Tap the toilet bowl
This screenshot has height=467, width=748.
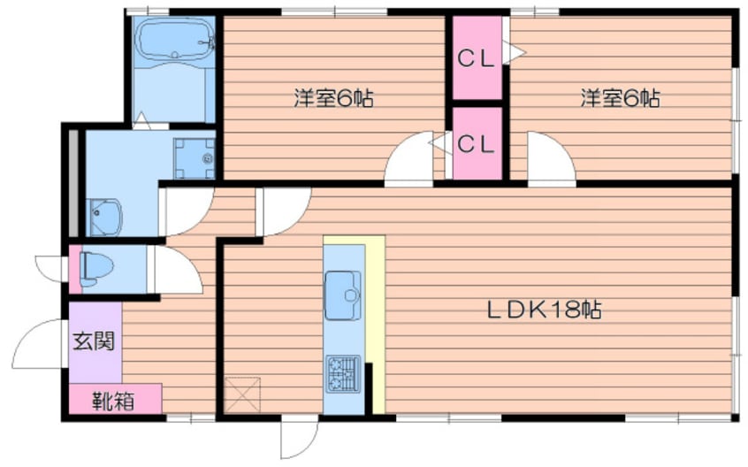point(97,269)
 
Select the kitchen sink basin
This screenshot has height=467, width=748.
point(343,295)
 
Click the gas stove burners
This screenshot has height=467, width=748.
point(343,374)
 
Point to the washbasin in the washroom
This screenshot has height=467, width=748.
point(105,217)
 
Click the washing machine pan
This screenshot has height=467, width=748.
point(195,158)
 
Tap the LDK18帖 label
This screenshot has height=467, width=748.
point(544,310)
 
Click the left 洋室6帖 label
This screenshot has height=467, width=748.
point(333,98)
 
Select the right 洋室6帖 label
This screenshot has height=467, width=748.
point(620,98)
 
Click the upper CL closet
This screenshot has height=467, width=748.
point(477,58)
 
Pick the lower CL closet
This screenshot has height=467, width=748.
point(477,144)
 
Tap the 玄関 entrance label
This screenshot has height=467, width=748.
point(94,341)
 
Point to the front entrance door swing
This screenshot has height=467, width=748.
point(37,343)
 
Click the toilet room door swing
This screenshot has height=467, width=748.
point(178,270)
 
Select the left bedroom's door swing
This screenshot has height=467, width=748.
point(409,157)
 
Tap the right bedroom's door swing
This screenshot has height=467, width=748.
point(552,157)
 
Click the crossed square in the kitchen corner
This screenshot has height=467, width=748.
point(243,394)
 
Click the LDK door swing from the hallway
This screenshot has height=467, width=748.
point(285,211)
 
